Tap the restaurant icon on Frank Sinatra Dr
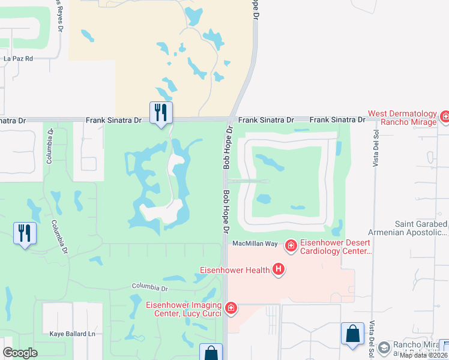click(x=161, y=112)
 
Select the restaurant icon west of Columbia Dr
click(x=25, y=233)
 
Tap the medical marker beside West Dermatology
click(x=445, y=116)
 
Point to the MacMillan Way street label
click(x=255, y=244)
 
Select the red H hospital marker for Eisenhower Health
click(x=279, y=270)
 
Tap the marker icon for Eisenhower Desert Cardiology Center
click(x=291, y=245)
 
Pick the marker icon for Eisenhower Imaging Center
click(x=231, y=309)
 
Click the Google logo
click(x=20, y=353)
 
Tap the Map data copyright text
click(x=423, y=355)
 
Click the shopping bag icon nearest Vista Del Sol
click(x=352, y=334)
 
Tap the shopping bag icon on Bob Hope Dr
click(x=211, y=353)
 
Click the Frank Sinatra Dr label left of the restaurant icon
click(x=113, y=121)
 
